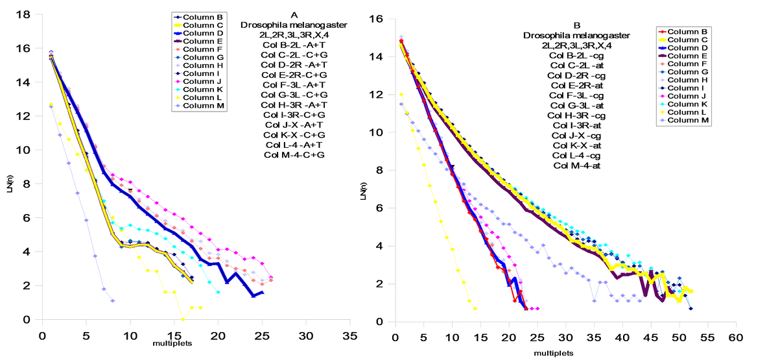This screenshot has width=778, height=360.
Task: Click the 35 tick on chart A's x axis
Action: [x=350, y=337]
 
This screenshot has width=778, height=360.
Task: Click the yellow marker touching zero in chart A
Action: [x=183, y=319]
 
